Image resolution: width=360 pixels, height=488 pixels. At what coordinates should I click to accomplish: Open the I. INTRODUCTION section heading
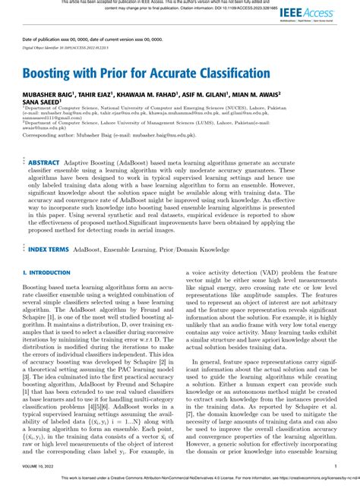46,251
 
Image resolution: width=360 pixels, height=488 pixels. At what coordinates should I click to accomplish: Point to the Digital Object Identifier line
65,47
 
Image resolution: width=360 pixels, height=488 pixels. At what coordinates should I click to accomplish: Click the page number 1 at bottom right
336,466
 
